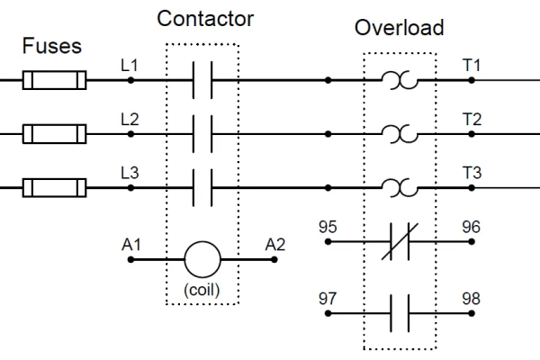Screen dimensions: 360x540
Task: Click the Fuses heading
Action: (x=53, y=44)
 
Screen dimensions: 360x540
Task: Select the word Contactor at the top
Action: (x=205, y=18)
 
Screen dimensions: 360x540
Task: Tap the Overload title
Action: (x=399, y=27)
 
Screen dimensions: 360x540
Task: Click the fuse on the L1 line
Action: (x=55, y=81)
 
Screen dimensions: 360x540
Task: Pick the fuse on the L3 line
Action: (x=55, y=188)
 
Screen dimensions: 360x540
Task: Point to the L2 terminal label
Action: (x=130, y=119)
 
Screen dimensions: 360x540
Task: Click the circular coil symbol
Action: (x=202, y=259)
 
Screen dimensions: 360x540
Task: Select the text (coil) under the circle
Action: (x=202, y=290)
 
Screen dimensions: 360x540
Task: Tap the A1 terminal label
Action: (x=130, y=242)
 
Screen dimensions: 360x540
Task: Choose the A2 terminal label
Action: (x=274, y=242)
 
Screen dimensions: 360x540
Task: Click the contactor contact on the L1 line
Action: (x=202, y=81)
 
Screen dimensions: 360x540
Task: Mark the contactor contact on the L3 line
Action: (x=202, y=188)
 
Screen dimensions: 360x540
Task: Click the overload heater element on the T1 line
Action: (x=399, y=81)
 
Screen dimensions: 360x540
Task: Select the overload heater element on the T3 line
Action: (x=399, y=188)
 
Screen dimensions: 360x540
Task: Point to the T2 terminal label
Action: (x=472, y=119)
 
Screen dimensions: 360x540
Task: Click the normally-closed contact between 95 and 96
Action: (x=399, y=242)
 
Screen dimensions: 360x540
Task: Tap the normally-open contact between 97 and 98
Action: (x=399, y=313)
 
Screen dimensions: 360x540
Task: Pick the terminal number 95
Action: (x=328, y=225)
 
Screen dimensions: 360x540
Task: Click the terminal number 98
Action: (x=472, y=297)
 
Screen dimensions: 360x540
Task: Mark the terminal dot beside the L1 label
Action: (x=130, y=81)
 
